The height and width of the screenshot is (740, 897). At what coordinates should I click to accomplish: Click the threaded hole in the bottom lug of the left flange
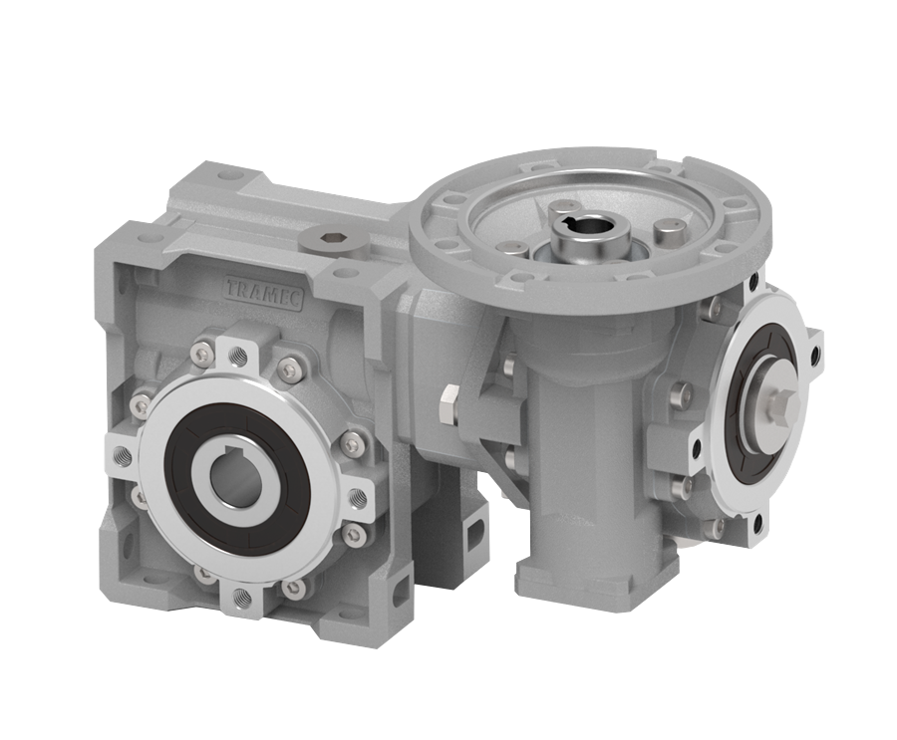[x=240, y=599]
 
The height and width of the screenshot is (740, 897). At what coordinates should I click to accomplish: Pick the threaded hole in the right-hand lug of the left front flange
[x=356, y=495]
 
